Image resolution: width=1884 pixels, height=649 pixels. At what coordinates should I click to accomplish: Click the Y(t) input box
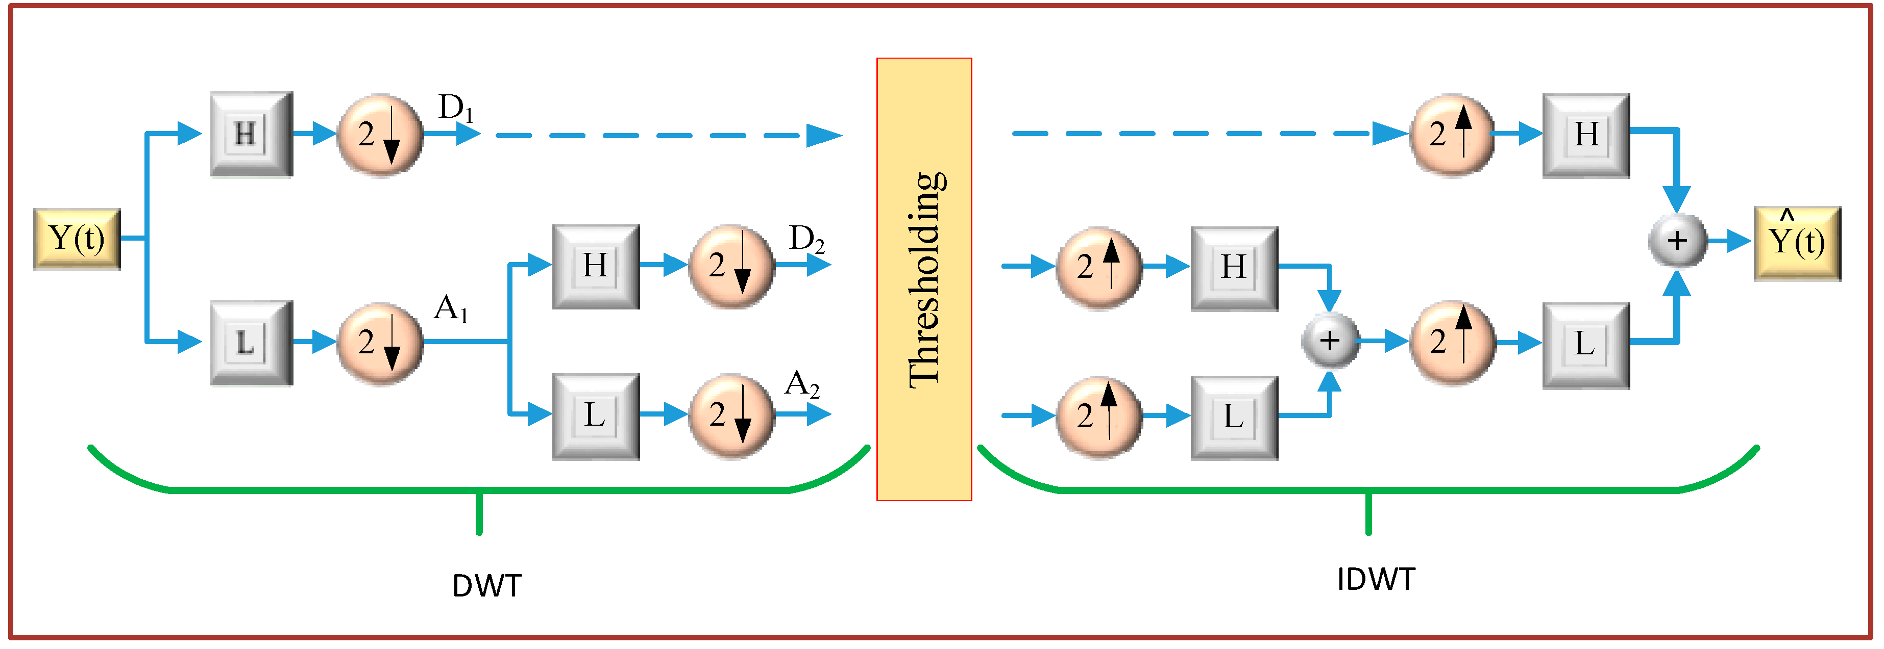click(x=77, y=239)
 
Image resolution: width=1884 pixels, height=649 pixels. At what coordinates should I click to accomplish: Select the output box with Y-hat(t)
click(x=1797, y=243)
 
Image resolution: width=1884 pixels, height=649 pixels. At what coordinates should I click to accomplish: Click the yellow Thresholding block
click(x=924, y=279)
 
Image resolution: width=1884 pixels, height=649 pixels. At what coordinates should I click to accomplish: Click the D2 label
click(x=806, y=239)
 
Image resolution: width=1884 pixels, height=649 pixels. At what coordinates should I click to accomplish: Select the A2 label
click(x=801, y=384)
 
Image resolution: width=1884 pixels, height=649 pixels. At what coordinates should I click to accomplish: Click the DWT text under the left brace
click(x=486, y=585)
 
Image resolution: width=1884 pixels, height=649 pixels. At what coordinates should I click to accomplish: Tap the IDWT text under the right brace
click(x=1376, y=580)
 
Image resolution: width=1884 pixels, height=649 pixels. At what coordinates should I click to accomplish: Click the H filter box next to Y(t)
click(x=252, y=135)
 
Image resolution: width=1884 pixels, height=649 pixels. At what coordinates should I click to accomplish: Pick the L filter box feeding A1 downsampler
click(x=252, y=342)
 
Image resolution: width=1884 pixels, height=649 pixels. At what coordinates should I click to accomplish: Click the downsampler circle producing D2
click(x=730, y=266)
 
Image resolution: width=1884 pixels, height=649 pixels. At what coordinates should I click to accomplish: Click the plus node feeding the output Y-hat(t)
click(x=1677, y=241)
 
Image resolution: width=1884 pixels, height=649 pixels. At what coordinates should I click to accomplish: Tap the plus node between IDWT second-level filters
click(x=1330, y=341)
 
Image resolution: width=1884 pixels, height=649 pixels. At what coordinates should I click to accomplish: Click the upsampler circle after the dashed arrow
click(x=1451, y=135)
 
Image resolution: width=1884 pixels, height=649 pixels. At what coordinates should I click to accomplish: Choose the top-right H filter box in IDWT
click(x=1585, y=135)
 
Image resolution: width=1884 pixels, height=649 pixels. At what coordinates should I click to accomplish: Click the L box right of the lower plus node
click(x=1585, y=345)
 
